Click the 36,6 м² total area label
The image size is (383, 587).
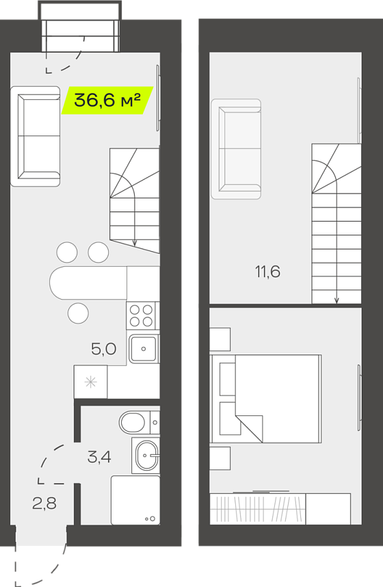107,101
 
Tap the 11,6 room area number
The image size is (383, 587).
267,272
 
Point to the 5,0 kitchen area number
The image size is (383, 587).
104,349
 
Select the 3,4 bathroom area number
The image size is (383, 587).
99,457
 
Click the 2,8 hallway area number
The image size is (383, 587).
44,504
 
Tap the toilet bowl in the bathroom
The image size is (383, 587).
140,422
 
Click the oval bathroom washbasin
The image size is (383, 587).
147,455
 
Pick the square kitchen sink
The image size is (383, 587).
144,349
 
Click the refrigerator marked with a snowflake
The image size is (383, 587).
90,382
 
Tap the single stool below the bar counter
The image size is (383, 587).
78,313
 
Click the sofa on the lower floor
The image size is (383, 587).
36,136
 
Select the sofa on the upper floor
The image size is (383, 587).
236,149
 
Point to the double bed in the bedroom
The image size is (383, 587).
266,399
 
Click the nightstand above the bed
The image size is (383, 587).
220,339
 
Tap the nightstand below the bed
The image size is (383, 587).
220,458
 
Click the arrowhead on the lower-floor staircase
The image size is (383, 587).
135,243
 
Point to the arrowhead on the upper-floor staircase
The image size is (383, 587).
336,300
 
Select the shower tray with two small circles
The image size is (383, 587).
135,500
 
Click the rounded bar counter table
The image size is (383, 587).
88,283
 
